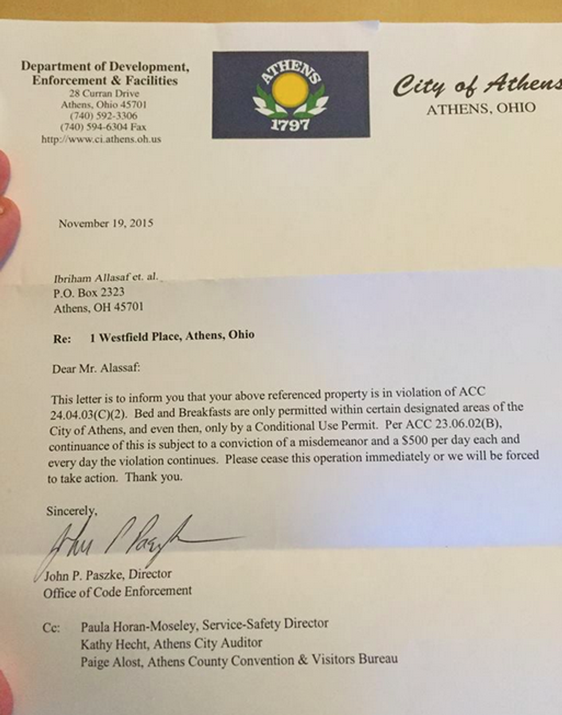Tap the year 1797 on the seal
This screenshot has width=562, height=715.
(x=290, y=125)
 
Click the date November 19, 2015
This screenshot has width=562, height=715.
(x=106, y=223)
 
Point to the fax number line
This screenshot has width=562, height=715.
(x=103, y=127)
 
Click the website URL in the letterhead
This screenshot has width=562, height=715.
(x=101, y=139)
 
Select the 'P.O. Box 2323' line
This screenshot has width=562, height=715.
(x=89, y=292)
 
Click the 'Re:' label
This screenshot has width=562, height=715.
(x=62, y=339)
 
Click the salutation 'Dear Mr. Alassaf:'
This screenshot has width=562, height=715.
(x=96, y=368)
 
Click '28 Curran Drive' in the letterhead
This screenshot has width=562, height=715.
(x=104, y=93)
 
